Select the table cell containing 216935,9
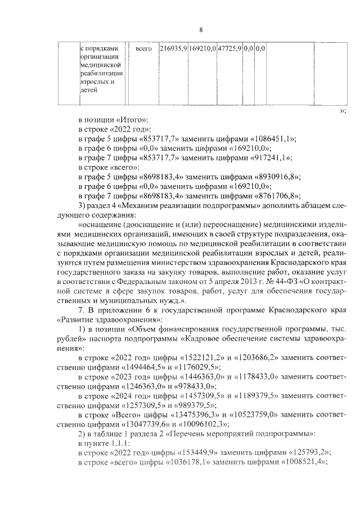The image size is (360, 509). (173, 49)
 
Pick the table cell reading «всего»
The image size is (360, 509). (143, 49)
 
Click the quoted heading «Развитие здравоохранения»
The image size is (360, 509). (103, 320)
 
